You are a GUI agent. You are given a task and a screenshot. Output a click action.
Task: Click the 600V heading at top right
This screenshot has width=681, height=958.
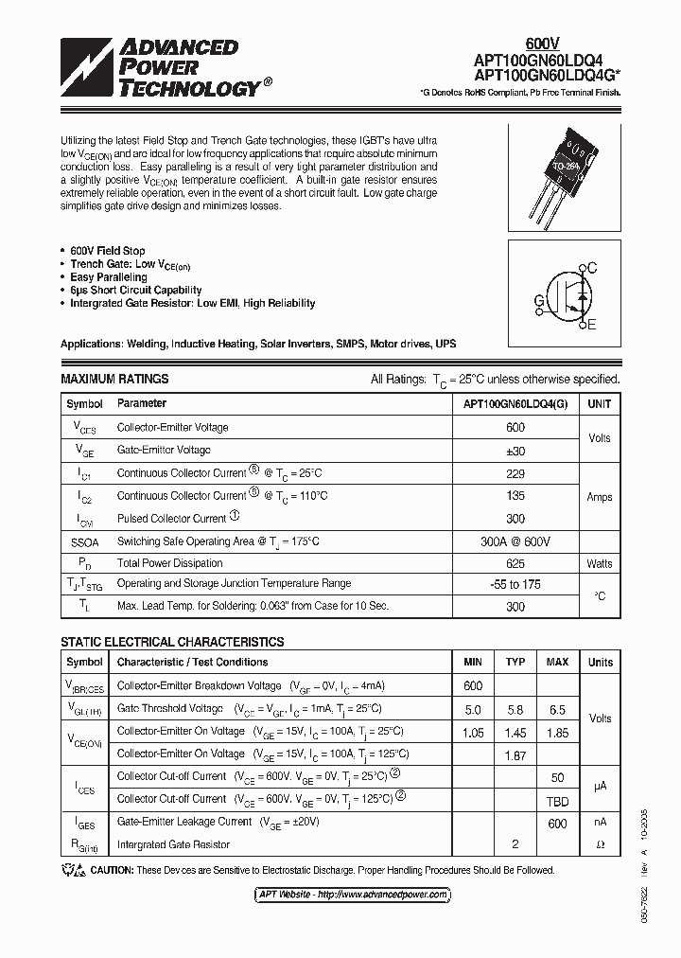point(542,43)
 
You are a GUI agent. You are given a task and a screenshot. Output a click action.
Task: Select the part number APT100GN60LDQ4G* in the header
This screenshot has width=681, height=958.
point(548,76)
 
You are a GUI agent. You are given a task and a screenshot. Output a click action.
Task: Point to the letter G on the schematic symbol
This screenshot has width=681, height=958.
point(539,300)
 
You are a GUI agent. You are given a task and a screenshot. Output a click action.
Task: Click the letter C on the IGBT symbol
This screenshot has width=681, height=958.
point(592,269)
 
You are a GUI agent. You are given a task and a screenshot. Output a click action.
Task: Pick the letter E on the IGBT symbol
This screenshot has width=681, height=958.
point(592,326)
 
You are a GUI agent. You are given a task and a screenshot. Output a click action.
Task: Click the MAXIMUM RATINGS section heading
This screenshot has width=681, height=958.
point(114,379)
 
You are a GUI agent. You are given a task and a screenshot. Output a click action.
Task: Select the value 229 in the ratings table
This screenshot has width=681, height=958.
point(515,473)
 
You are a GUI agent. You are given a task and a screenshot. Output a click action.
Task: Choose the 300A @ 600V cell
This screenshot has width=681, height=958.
point(515,541)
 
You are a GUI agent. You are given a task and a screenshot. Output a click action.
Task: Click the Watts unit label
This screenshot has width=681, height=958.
point(599,564)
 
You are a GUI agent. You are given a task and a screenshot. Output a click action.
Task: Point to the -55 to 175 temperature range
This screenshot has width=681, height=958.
point(515,585)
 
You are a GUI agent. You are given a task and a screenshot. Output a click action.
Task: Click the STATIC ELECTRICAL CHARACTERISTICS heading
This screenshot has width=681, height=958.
point(172,642)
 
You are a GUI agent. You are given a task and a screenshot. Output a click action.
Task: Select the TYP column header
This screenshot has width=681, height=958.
point(515,663)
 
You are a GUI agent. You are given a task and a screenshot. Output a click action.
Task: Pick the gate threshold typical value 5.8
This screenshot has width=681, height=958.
point(515,709)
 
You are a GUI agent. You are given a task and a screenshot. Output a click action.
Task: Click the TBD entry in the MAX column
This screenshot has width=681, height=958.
point(557,800)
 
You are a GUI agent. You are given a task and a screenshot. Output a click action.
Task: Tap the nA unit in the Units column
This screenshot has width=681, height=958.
point(600,823)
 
